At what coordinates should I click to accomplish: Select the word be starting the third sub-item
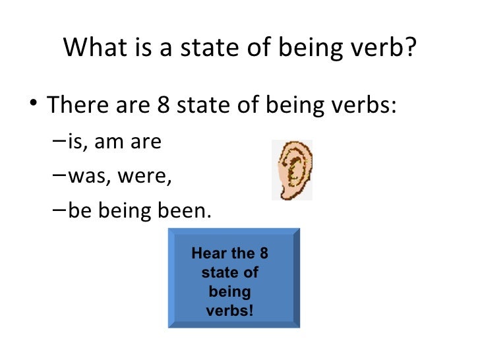[76, 212]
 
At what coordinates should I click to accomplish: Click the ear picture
[292, 170]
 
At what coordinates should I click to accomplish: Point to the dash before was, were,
[56, 177]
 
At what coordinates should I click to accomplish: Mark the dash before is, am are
[56, 141]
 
